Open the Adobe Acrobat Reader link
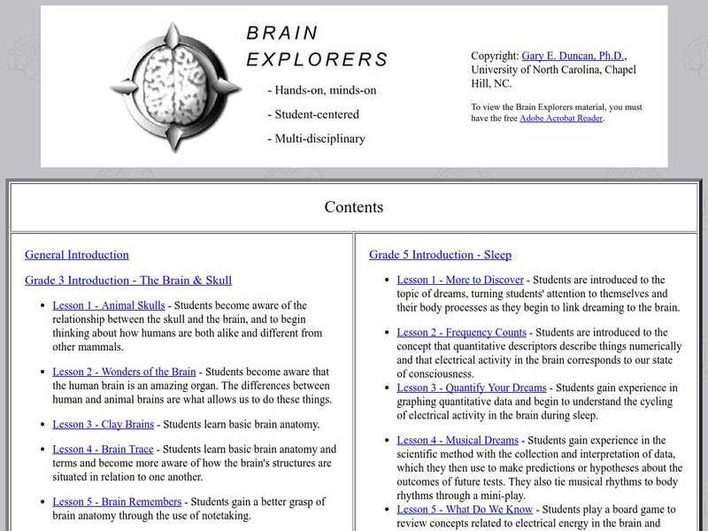click(561, 119)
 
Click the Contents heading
click(354, 207)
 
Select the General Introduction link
click(77, 255)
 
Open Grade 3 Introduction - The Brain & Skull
click(128, 281)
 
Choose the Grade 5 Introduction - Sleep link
click(440, 255)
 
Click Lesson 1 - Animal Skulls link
click(109, 305)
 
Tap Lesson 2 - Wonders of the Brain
click(124, 373)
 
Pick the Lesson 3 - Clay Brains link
click(103, 425)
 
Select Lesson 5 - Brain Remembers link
click(118, 503)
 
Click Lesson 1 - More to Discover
click(460, 280)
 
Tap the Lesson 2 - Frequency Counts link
click(461, 333)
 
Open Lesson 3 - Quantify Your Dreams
click(472, 388)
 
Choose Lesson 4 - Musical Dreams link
click(458, 440)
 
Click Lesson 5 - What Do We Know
click(465, 509)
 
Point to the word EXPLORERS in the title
click(317, 60)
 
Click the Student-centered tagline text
click(316, 114)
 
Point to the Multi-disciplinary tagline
click(319, 138)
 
